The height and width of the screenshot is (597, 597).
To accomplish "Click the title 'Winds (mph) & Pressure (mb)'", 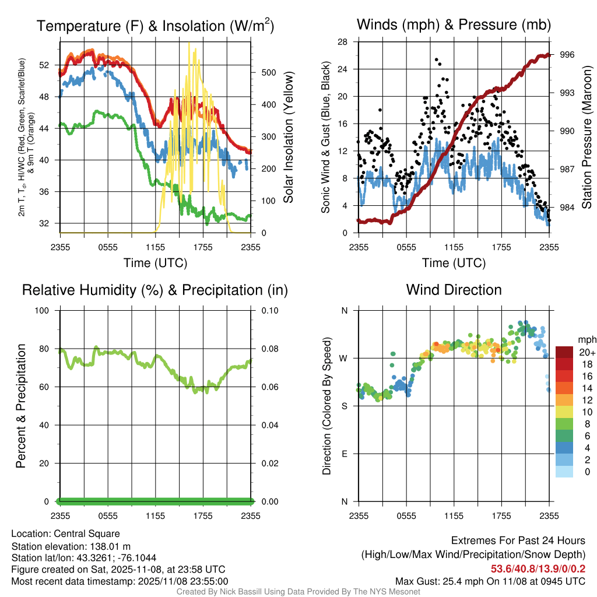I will coord(454,24).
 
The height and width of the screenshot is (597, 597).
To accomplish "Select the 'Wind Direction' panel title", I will coord(454,290).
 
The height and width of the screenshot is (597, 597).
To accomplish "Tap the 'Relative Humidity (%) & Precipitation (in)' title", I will coord(154,290).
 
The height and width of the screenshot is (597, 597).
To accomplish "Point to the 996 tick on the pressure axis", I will coord(567,55).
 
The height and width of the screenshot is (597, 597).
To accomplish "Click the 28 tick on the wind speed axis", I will coord(343,41).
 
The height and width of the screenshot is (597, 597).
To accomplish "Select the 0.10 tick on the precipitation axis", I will coord(269,311).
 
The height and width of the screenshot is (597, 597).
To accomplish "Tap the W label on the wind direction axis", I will coord(345,359).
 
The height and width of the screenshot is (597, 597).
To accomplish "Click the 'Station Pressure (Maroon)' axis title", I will coord(587,137).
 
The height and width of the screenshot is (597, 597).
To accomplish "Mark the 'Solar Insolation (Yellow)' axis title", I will coord(288,137).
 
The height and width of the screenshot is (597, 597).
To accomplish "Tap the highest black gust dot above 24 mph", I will coord(436,59).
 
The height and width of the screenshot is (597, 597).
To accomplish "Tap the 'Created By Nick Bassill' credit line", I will coord(298,592).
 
